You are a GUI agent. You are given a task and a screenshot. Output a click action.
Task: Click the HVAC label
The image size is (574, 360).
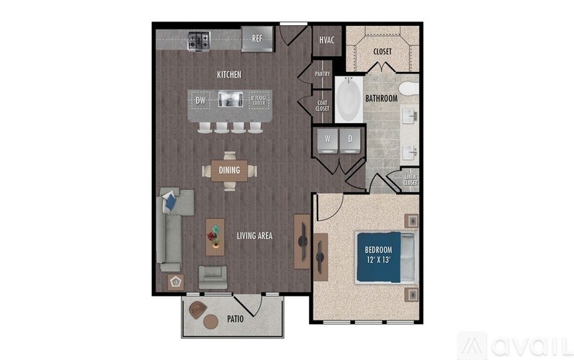pyautogui.click(x=326, y=41)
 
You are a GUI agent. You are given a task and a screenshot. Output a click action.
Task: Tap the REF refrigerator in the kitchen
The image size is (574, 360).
pyautogui.click(x=256, y=39)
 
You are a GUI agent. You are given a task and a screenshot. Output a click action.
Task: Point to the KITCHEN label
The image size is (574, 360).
pyautogui.click(x=229, y=75)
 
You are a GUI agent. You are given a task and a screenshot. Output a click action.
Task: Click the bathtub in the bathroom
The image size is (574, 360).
pyautogui.click(x=352, y=101)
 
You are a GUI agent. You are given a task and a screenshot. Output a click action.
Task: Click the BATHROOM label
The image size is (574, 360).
pyautogui.click(x=381, y=98)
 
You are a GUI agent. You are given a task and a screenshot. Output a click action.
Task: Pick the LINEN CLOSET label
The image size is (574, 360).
pyautogui.click(x=411, y=180)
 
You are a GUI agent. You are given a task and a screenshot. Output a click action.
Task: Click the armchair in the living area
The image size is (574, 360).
pyautogui.click(x=212, y=276)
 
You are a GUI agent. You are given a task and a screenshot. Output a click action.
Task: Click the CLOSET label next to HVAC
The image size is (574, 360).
pyautogui.click(x=382, y=51)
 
